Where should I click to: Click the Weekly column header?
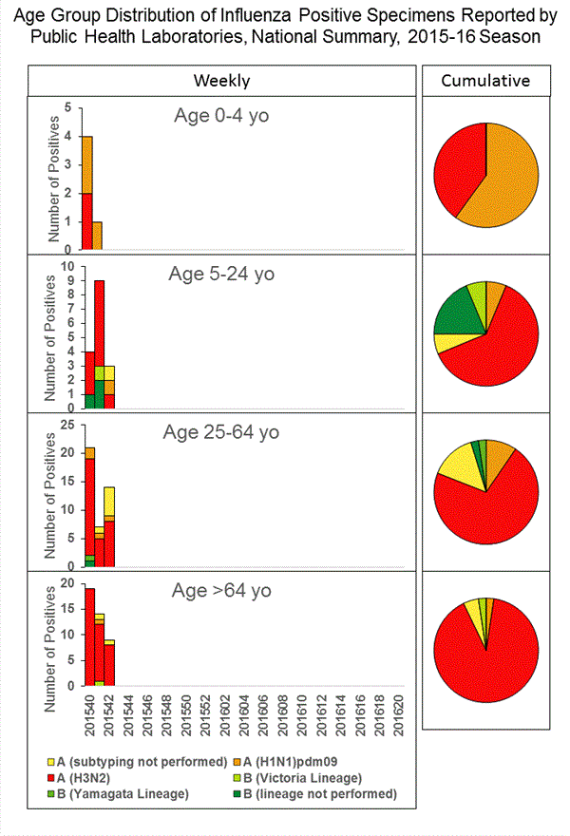221,81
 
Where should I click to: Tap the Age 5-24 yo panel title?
221,275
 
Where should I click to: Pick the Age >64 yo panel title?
221,590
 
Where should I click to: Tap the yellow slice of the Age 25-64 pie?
457,466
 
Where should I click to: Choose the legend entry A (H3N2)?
91,777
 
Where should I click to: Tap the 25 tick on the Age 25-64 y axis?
69,424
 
